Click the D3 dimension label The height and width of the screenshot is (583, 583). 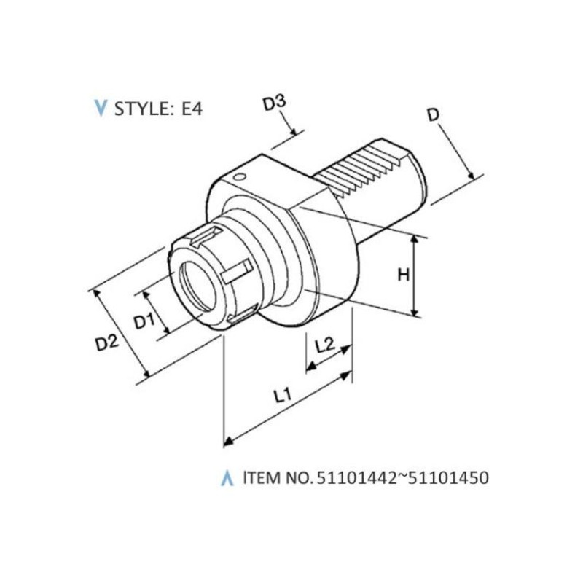[275, 103]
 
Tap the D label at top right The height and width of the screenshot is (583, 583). [434, 115]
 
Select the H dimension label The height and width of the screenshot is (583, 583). [404, 275]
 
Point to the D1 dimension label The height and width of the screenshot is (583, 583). [144, 321]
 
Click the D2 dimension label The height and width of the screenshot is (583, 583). [107, 343]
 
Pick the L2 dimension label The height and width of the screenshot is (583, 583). [325, 345]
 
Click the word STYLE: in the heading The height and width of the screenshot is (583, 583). [142, 109]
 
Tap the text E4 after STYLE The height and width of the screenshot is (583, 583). [192, 109]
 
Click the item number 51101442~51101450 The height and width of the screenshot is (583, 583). [402, 478]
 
